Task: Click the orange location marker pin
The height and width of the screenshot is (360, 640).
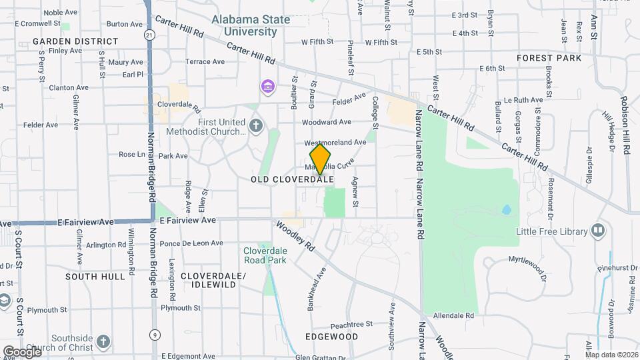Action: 321,159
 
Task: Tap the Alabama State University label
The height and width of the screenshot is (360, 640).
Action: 251,25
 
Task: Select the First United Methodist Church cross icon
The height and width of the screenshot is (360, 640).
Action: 256,125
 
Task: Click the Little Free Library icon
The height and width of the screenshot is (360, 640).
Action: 598,231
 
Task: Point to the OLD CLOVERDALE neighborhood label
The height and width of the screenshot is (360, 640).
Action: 292,180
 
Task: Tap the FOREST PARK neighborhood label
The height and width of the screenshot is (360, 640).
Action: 549,58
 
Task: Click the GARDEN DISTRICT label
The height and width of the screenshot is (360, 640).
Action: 75,41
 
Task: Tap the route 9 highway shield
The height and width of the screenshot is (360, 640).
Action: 155,334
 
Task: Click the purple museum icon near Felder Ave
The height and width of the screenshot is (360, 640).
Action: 267,87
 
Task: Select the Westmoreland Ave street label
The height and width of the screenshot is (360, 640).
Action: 335,143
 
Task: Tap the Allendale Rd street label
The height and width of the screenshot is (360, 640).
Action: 453,315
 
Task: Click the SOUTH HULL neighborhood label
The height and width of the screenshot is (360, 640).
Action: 95,276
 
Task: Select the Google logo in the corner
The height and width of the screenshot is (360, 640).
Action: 22,351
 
